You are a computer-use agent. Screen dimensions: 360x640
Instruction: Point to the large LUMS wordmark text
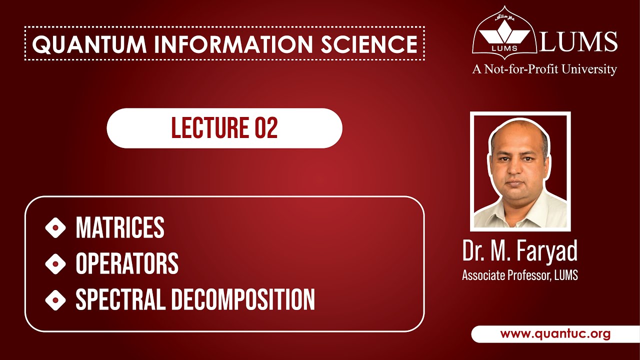click(x=578, y=41)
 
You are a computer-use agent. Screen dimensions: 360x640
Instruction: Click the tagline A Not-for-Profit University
click(x=544, y=69)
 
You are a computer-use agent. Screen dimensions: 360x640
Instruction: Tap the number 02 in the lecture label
click(x=265, y=128)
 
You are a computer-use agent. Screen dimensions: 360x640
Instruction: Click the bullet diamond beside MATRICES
click(x=55, y=228)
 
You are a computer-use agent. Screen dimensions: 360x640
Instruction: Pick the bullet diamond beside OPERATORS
click(x=55, y=264)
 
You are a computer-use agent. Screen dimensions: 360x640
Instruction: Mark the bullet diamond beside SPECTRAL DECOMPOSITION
click(x=55, y=300)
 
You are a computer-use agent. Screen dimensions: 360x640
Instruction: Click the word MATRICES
click(x=120, y=228)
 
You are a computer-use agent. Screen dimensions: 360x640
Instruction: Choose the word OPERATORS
click(x=127, y=264)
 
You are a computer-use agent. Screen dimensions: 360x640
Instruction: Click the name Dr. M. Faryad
click(x=520, y=251)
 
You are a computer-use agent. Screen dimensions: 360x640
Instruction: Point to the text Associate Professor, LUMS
click(x=520, y=275)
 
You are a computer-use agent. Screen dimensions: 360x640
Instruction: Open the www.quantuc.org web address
click(x=555, y=334)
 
